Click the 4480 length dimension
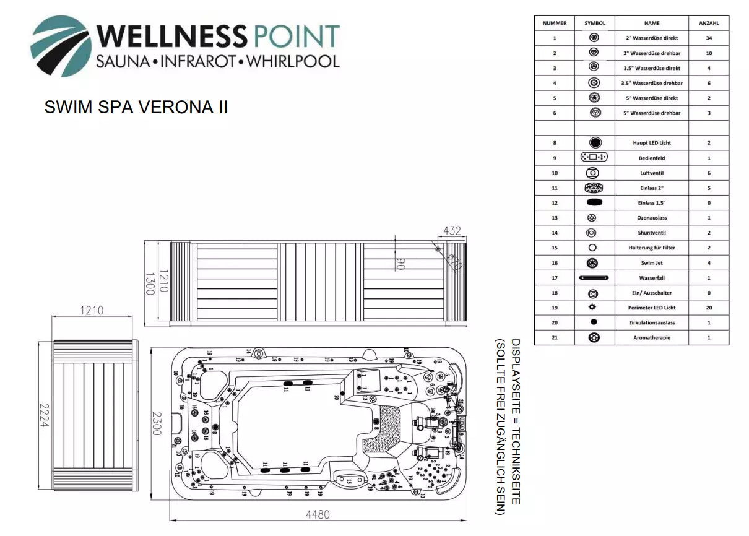coord(318,514)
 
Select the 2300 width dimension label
coord(157,424)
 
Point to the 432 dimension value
coord(452,231)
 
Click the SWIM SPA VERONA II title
coord(136,108)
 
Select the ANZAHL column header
coord(709,23)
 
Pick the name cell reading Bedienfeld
coord(652,158)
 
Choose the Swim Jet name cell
coord(652,263)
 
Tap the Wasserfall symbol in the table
coord(594,278)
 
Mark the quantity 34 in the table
coord(709,38)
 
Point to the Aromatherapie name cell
coord(652,338)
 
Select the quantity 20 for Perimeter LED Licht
coord(709,308)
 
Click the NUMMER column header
coord(555,23)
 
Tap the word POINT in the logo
coord(295,37)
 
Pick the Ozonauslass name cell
coord(652,218)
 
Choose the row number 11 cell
coord(555,188)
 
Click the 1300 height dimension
coord(149,283)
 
